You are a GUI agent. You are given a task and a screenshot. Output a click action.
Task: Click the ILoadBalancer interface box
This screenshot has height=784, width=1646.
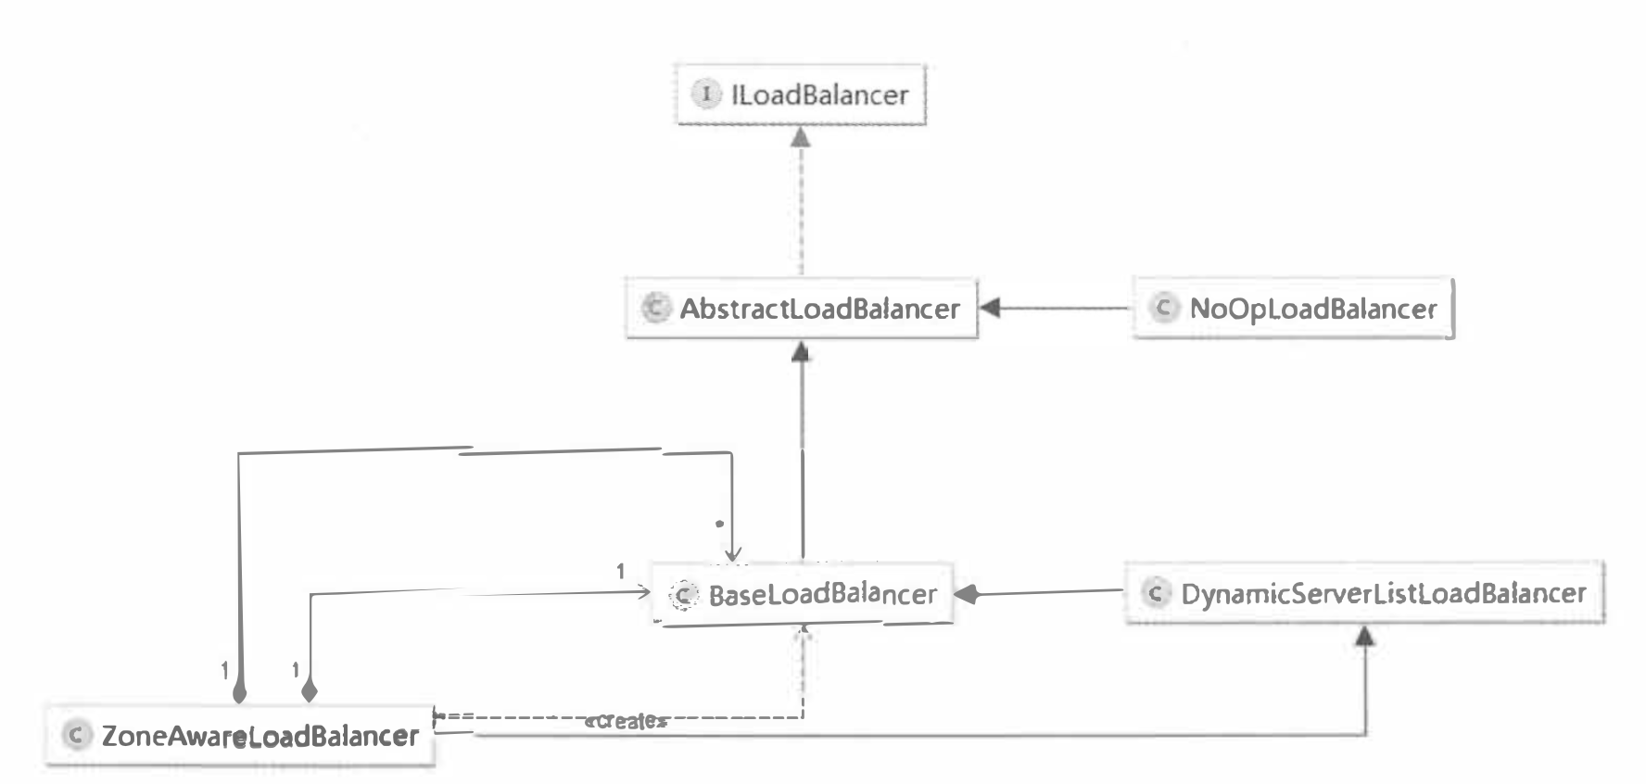click(x=801, y=95)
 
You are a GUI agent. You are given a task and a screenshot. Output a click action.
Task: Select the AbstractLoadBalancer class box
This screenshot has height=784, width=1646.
click(x=802, y=309)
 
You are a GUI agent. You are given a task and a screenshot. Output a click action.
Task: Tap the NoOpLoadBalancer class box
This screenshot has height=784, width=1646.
click(x=1293, y=309)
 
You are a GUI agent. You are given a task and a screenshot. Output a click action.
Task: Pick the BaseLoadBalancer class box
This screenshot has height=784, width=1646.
click(x=803, y=594)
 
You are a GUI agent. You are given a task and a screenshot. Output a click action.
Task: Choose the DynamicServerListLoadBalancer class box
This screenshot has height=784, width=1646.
click(x=1364, y=593)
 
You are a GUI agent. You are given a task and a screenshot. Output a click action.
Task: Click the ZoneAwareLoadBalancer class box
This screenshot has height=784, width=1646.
click(x=240, y=736)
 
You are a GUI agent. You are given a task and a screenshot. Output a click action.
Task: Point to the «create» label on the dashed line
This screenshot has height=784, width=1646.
click(x=626, y=721)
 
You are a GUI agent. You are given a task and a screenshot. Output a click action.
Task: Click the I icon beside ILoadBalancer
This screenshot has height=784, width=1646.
click(x=706, y=94)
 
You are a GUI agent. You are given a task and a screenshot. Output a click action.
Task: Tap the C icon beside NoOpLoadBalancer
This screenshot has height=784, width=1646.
click(x=1163, y=308)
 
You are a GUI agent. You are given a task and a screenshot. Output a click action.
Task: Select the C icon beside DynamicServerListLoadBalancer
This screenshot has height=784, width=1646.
click(x=1155, y=593)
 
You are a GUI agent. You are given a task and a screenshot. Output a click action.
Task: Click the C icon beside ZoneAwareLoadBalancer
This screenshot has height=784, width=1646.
click(x=76, y=736)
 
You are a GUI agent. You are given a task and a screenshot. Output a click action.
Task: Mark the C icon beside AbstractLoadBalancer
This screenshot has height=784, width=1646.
click(x=655, y=308)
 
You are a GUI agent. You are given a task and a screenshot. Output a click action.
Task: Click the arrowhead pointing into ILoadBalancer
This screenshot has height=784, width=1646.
click(x=801, y=137)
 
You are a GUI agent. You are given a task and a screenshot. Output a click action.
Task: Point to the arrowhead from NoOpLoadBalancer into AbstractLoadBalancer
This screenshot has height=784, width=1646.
click(x=990, y=308)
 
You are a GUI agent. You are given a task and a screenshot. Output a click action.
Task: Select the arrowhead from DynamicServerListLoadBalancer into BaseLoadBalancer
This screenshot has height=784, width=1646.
click(x=966, y=594)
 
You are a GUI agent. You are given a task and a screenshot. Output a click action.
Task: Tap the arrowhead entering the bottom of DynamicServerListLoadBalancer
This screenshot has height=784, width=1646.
click(x=1365, y=636)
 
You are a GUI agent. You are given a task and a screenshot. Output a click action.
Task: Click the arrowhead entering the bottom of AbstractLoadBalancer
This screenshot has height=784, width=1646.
click(x=802, y=351)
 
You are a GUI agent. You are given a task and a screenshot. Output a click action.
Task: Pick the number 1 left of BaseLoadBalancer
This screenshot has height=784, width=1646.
click(x=620, y=572)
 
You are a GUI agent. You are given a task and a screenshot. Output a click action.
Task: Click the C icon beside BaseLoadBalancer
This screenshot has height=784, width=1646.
click(x=683, y=595)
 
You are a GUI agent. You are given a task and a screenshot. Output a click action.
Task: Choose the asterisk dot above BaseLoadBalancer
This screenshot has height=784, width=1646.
click(x=719, y=524)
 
